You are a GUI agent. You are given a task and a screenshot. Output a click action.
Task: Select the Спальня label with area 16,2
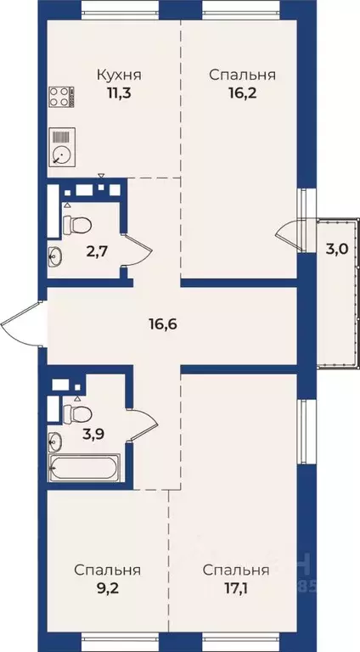click(x=242, y=75)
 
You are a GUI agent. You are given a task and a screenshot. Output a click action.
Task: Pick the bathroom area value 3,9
click(x=94, y=435)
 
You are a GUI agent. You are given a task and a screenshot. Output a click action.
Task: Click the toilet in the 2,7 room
click(x=78, y=225)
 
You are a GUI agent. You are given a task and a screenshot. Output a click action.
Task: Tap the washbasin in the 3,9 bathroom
click(x=55, y=441)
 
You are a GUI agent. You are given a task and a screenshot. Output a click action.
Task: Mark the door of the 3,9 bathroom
click(x=143, y=421)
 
